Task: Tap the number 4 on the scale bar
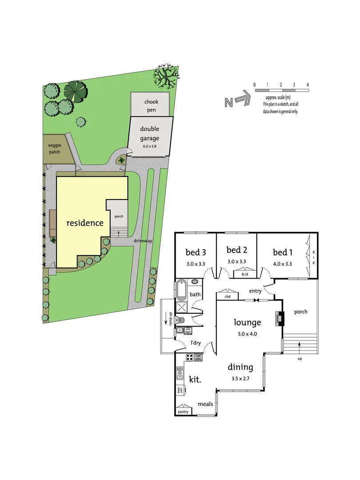[308, 84]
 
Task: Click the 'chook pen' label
[151, 105]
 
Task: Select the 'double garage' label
[149, 132]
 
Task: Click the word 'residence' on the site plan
[84, 223]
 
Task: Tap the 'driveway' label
[143, 241]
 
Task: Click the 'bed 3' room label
[195, 252]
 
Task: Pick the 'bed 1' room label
[283, 252]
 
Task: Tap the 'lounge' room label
[248, 323]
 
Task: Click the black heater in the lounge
[280, 318]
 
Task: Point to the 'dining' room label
[240, 368]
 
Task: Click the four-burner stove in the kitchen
[188, 357]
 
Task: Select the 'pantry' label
[183, 412]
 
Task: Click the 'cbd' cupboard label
[227, 296]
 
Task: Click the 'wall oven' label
[199, 357]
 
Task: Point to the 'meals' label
[206, 404]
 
